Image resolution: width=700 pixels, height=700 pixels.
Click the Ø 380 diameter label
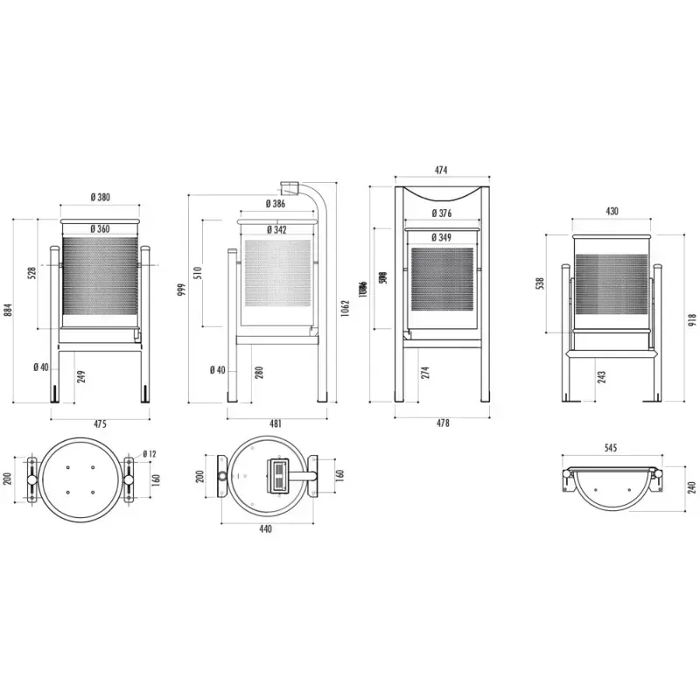100,198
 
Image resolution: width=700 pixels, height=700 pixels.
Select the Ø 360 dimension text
100,229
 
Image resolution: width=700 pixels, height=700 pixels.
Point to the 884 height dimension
8,310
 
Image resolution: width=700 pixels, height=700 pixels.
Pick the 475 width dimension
100,423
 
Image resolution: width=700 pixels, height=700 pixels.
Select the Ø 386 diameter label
275,204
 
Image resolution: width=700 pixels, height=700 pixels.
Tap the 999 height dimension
181,290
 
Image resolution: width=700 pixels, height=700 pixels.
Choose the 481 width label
276,423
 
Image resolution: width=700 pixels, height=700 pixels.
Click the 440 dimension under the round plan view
265,528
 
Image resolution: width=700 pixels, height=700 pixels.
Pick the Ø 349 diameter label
443,237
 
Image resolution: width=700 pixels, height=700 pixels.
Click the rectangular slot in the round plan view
279,476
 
